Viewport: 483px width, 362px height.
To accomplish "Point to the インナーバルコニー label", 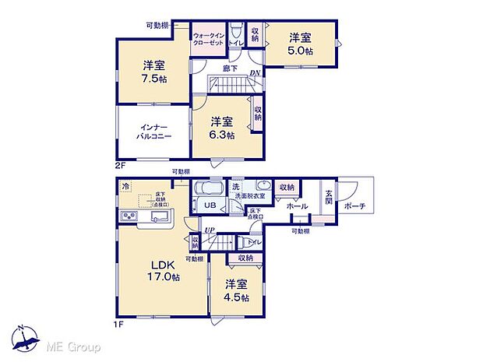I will pos(153,130).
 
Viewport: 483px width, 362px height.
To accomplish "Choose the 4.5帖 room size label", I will pos(234,297).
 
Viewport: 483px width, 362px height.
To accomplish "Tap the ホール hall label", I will pos(296,206).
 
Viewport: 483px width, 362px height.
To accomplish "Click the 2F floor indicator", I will pos(120,166).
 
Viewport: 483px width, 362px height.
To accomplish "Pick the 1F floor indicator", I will pos(120,326).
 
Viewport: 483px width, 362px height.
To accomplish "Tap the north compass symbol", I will pos(29,339).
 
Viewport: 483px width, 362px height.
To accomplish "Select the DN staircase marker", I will pos(254,74).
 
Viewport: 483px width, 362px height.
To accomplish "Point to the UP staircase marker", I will pos(209,229).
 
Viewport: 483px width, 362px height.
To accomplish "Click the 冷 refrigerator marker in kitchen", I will pos(125,187).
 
